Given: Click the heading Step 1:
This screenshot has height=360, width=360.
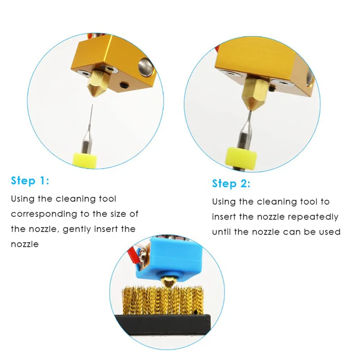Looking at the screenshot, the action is pos(30,181).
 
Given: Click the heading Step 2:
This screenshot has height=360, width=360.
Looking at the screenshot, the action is pos(231,184).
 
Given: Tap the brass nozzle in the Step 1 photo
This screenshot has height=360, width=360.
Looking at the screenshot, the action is pos(96,84).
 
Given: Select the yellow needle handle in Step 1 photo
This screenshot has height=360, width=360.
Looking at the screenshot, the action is pos(85,160).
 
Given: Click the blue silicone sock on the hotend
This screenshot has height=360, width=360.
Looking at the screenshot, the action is pos(170,260).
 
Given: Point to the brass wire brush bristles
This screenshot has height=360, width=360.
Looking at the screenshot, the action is pos(163,300).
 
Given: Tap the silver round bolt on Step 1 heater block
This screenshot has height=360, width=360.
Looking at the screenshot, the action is pos(145,67).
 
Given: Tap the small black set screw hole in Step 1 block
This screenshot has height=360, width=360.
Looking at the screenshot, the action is pos(125,85).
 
